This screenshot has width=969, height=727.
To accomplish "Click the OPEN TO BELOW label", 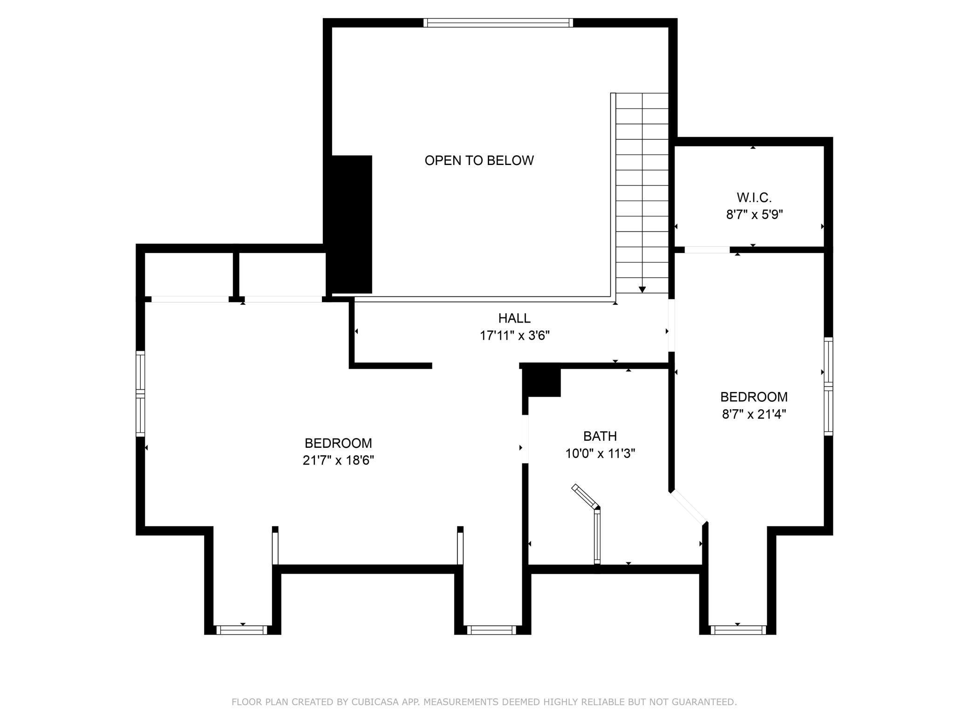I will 479,160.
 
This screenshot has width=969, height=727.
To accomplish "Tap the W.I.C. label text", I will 754,198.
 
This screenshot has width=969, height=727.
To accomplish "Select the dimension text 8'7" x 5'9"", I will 754,215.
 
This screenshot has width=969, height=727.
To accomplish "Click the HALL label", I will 514,318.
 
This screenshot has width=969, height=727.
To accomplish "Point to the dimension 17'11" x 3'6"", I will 515,336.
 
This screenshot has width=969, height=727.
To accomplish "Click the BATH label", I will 600,436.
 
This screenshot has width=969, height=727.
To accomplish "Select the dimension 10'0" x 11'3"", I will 600,453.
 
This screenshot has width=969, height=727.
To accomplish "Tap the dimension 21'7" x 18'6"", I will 338,460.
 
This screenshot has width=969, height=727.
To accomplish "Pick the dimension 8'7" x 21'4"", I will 754,414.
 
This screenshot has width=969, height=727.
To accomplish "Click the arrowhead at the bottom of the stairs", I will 642,289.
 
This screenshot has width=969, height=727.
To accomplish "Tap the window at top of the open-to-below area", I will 498,23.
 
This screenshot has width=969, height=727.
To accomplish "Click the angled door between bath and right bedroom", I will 689,507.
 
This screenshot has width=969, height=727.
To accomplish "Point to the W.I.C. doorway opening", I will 707,250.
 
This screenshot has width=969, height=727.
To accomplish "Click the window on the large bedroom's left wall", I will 140,394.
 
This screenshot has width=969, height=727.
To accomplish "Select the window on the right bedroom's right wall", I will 828,386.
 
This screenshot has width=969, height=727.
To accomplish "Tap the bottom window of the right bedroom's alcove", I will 738,630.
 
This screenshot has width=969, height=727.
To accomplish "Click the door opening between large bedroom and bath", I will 525,439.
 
